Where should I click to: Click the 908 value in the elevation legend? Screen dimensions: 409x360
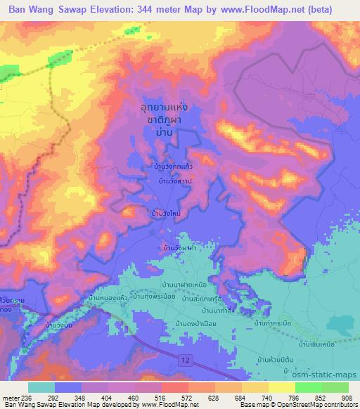[x=347, y=398]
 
